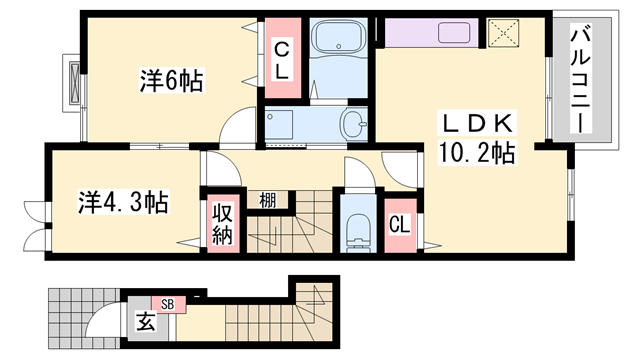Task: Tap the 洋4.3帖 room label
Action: click(x=122, y=202)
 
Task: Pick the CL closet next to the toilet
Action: click(x=400, y=223)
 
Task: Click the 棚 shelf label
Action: click(x=268, y=200)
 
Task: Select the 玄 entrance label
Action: click(x=147, y=323)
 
